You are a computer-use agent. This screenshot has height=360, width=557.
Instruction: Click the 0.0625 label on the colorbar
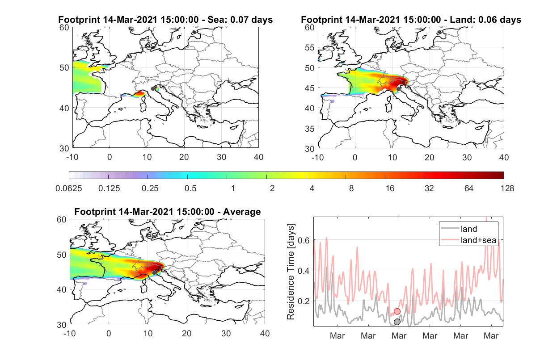point(69,188)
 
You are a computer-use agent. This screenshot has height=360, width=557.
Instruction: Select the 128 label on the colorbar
point(507,188)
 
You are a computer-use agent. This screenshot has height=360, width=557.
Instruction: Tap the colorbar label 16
point(390,188)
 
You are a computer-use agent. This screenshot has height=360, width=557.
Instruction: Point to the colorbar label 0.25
point(150,188)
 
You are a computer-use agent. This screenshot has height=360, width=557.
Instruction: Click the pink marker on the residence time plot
point(397,311)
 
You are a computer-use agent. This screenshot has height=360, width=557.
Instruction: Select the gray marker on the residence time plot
point(397,322)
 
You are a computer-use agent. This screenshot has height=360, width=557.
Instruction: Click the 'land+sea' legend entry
point(478,240)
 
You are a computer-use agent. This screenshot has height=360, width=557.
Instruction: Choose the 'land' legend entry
point(469,229)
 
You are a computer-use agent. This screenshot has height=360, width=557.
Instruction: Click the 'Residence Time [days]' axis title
point(291,272)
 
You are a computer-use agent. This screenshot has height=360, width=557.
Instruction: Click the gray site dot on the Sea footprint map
point(153,89)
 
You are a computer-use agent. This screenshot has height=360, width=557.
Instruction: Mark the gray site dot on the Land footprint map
point(398,89)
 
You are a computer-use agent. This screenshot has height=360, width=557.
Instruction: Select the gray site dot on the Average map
point(154,273)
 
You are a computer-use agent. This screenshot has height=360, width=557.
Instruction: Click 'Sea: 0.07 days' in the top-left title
point(240,20)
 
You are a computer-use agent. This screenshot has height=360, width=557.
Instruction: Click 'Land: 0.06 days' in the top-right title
point(485,20)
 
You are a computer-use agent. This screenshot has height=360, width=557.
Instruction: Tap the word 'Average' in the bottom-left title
point(242,212)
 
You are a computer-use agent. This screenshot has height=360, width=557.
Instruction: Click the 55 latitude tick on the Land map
point(310,48)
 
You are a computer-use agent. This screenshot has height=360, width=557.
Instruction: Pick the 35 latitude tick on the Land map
point(310,129)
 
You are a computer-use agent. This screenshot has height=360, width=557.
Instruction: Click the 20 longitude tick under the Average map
point(187,333)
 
